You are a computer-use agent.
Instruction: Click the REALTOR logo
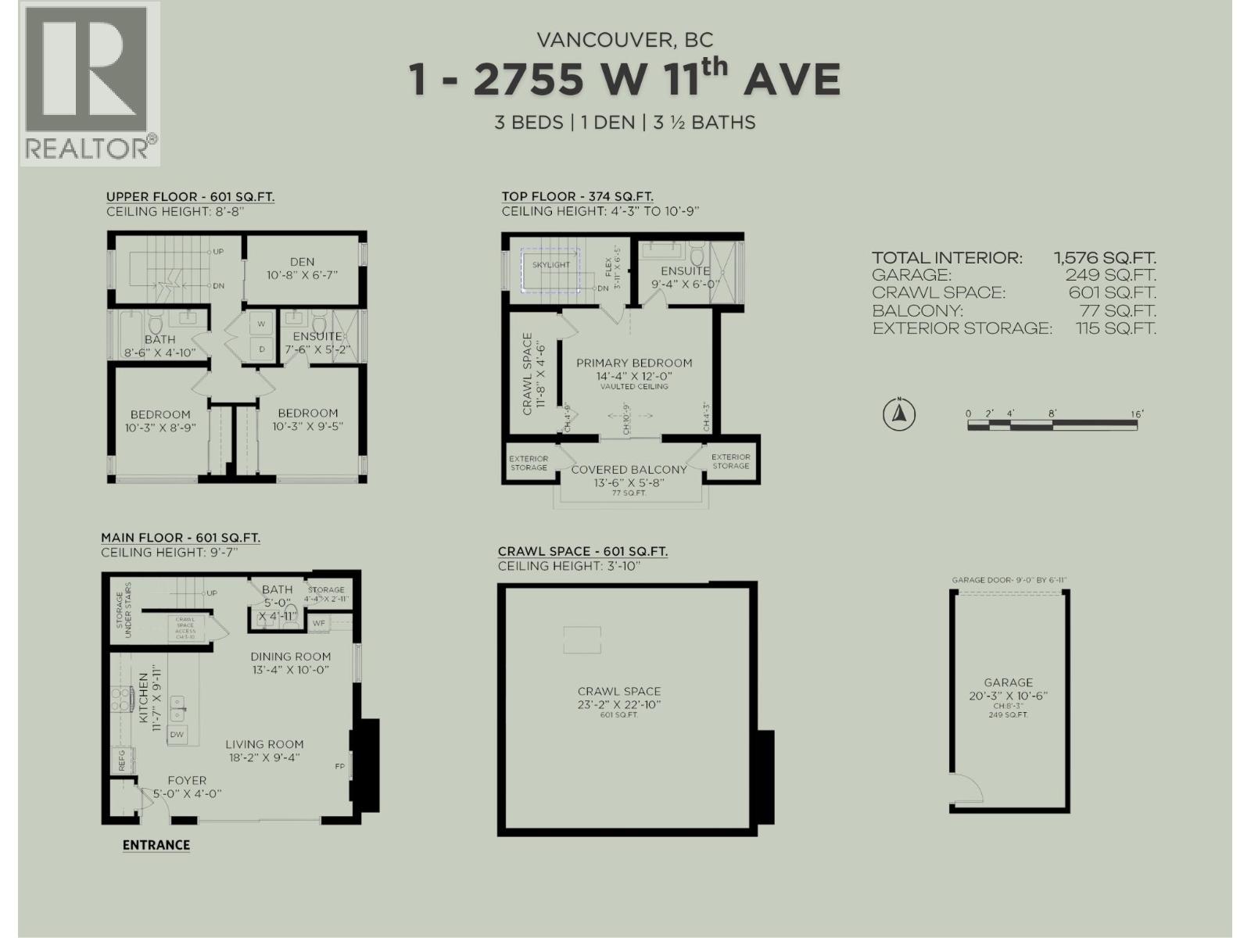coord(89,84)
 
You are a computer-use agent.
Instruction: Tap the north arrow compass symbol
coord(899,414)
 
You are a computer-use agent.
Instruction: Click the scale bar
coord(1052,424)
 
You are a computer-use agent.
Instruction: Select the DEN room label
coord(302,263)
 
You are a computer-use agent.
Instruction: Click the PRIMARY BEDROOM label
coord(634,363)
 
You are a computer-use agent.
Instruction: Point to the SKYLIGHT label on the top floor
coord(551,265)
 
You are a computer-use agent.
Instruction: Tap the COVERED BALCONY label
coord(629,470)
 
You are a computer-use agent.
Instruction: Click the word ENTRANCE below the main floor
coord(156,845)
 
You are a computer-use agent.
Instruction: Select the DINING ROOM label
coord(290,657)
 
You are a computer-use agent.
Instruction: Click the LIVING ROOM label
coord(264,745)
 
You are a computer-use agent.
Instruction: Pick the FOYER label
coord(187,780)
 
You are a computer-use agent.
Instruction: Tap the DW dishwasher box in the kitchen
coord(177,734)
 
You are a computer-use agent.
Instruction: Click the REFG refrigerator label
coord(122,761)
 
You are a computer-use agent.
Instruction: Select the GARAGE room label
coord(1008,682)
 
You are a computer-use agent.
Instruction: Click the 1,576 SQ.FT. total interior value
coord(1105,258)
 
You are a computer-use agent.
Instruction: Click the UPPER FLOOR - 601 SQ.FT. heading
coord(190,197)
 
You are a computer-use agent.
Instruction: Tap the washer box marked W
coord(261,324)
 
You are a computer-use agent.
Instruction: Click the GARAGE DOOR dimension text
coord(1009,580)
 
